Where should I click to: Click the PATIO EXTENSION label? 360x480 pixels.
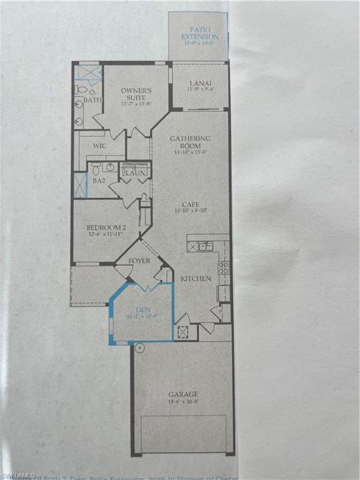(x=199, y=32)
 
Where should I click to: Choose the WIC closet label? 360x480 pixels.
(x=99, y=146)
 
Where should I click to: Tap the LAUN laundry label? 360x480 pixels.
(x=136, y=172)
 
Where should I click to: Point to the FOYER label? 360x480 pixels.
(x=139, y=260)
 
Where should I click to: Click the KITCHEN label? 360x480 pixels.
(x=196, y=279)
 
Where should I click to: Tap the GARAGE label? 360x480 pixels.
(x=183, y=394)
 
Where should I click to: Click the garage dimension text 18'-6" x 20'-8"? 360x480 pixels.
(x=183, y=403)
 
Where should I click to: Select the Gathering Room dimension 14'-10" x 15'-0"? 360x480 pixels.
(x=191, y=151)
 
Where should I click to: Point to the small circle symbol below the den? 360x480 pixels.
(x=140, y=347)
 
